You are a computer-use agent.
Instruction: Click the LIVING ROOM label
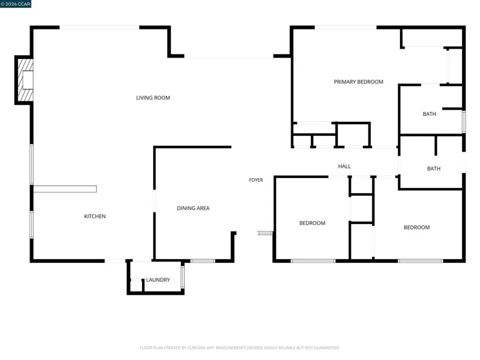(x=153, y=98)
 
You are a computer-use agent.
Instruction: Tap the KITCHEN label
(x=95, y=216)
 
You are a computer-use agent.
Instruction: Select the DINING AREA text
(x=193, y=208)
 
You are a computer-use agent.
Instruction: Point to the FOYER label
(x=256, y=180)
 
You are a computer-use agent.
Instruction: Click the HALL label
(x=344, y=166)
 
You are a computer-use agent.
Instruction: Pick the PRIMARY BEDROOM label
(x=359, y=82)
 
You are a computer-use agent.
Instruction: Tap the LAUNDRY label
(x=158, y=280)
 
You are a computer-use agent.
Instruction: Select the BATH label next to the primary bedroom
(x=430, y=114)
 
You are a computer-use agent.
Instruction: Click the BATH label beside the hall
(x=434, y=168)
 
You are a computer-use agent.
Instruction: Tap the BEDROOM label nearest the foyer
(x=312, y=223)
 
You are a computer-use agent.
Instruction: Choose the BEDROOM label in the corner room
(x=417, y=228)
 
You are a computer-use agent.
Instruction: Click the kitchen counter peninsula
(x=65, y=189)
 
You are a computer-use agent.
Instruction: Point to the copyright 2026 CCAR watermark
(x=16, y=4)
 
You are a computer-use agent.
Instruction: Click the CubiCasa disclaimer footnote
(x=240, y=348)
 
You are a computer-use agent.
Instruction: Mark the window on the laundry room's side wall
(x=183, y=277)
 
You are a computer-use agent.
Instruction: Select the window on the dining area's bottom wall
(x=203, y=261)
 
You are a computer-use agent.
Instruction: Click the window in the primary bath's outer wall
(x=464, y=121)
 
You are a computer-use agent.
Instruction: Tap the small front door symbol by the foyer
(x=265, y=233)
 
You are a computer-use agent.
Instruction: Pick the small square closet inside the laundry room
(x=136, y=285)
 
